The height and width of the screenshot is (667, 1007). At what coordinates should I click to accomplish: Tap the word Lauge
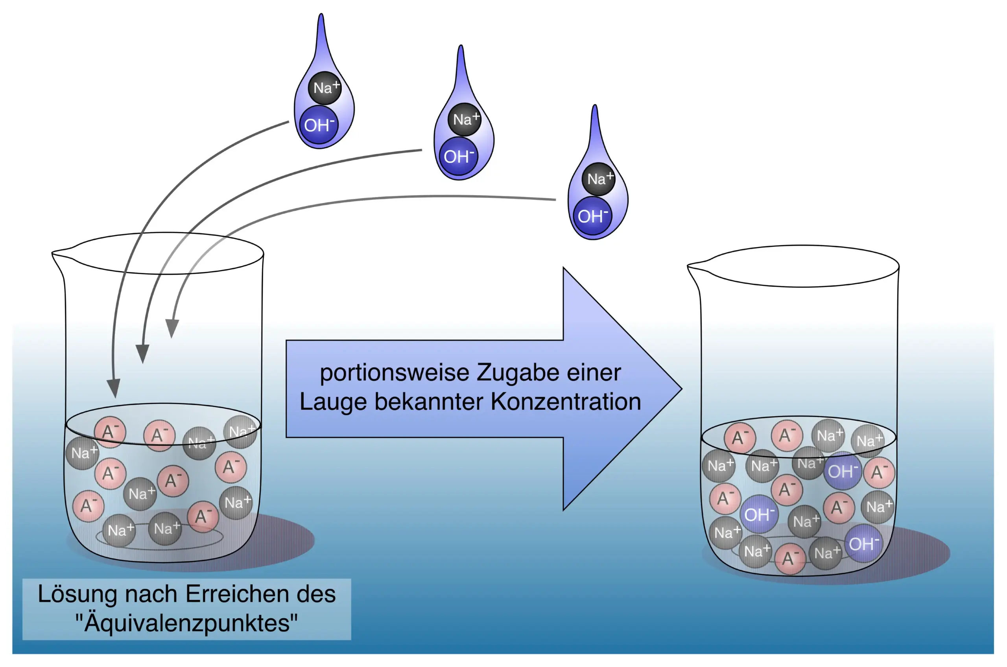333,402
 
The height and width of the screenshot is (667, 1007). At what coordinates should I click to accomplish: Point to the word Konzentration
566,402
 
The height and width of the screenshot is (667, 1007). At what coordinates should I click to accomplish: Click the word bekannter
428,402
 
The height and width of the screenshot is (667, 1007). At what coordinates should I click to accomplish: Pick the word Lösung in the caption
77,595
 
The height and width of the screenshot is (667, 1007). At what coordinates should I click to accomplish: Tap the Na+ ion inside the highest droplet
325,88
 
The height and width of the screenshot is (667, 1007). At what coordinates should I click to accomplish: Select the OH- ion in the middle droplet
458,157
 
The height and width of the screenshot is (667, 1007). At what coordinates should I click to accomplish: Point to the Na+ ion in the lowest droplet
599,179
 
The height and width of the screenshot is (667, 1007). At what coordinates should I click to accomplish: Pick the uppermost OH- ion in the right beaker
842,471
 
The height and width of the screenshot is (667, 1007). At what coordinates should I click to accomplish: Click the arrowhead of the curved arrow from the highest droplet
114,388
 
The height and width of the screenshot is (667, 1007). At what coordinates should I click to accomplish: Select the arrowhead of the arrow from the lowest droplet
172,328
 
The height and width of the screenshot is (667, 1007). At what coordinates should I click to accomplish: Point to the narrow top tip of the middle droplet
461,47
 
